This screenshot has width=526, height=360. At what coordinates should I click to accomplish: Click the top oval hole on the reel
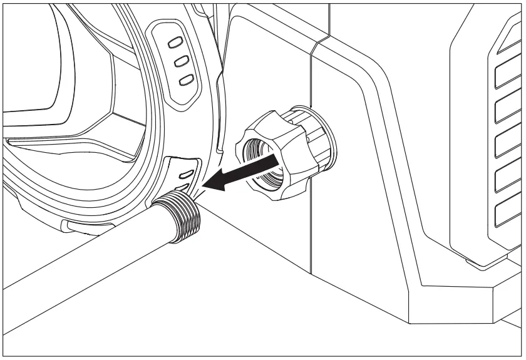pyautogui.click(x=176, y=42)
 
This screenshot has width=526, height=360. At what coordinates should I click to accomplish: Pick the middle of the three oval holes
pyautogui.click(x=181, y=61)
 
